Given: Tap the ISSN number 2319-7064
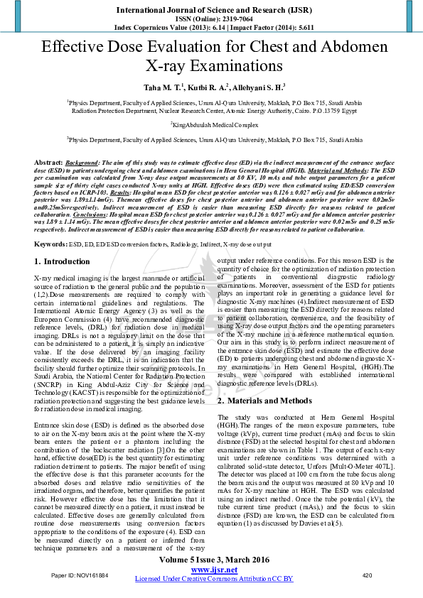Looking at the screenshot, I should [x=232, y=19].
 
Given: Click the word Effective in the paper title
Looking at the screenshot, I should [x=75, y=48].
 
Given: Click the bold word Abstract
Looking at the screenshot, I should [x=48, y=163].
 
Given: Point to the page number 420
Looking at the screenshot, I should [x=367, y=575].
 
